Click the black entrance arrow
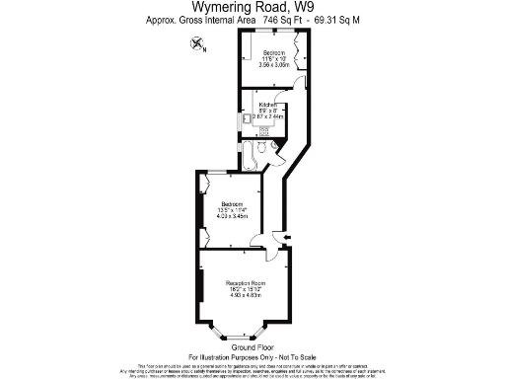286,238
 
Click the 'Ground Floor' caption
252,347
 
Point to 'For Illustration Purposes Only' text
252,356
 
